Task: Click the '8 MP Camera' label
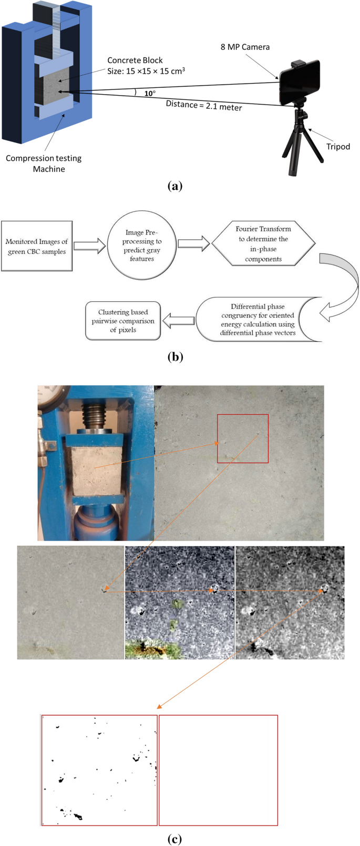point(245,47)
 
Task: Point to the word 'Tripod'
point(338,147)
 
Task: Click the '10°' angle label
point(150,94)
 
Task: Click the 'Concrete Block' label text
point(135,60)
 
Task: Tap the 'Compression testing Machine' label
point(44,164)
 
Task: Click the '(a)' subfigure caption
point(174,186)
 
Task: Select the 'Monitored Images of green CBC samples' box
point(37,246)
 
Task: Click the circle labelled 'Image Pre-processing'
point(142,246)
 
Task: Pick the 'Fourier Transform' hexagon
point(263,244)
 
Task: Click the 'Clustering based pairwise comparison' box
point(123,321)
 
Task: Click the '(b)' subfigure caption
point(174,357)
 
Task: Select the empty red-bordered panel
point(218,770)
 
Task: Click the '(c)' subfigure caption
point(174,839)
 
